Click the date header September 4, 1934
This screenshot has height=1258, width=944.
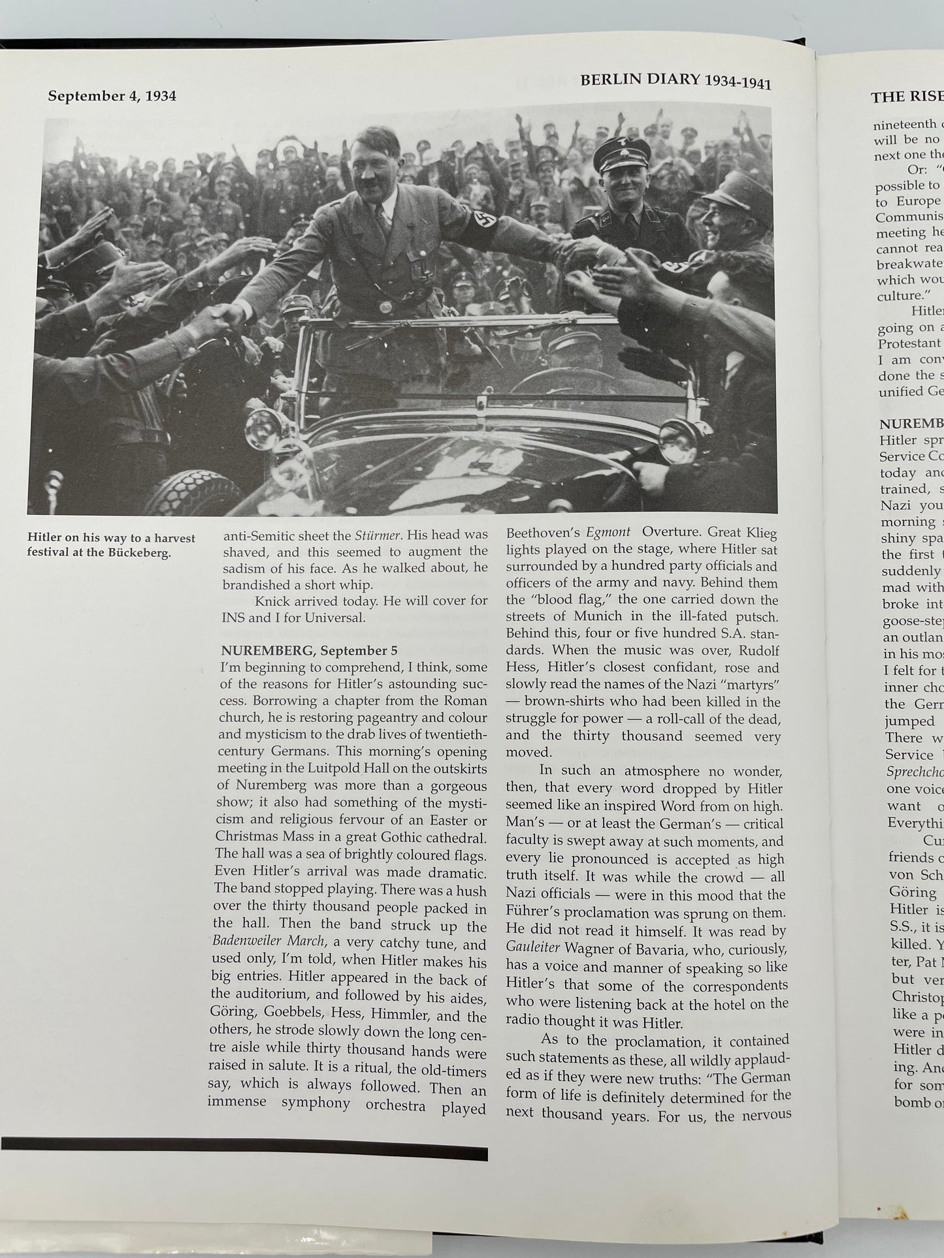(x=112, y=96)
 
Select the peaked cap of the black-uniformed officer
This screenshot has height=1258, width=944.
(x=621, y=152)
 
